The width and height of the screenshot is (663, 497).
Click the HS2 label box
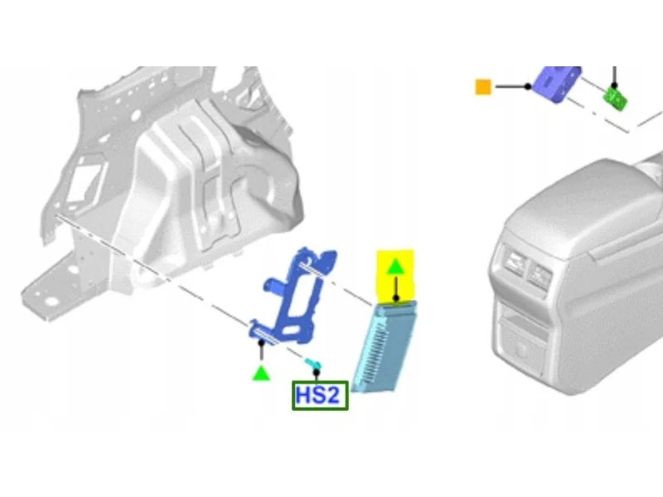coord(320,396)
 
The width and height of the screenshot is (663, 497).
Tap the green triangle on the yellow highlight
coord(395,267)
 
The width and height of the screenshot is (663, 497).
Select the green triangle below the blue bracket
coord(261,374)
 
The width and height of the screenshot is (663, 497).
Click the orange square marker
coord(483,87)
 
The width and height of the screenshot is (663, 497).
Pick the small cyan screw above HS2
coord(312,364)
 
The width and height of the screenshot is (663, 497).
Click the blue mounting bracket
coord(293,296)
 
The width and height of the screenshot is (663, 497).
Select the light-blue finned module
coord(384,346)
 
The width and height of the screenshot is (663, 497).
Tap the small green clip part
coord(615,99)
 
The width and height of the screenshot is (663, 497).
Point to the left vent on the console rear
coord(513,263)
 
